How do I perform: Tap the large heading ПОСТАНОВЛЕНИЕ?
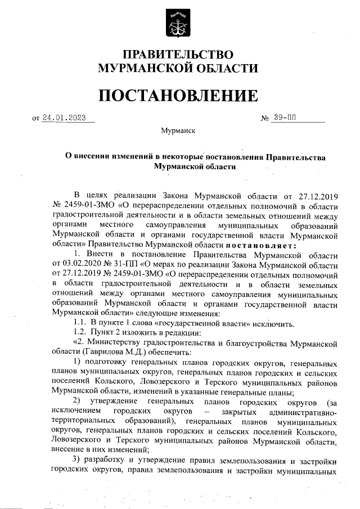pos(178,96)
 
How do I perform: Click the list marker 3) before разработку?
pos(78,460)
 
